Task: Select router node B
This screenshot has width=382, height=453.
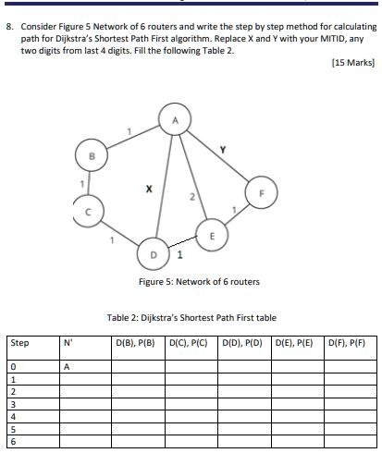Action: [91, 157]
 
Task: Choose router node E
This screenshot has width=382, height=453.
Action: [212, 235]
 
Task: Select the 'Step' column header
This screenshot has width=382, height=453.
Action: [19, 343]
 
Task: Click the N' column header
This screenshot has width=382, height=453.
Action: [67, 343]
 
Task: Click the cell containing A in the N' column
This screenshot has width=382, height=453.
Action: [67, 366]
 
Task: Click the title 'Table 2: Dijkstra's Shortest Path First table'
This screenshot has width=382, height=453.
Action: [191, 317]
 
